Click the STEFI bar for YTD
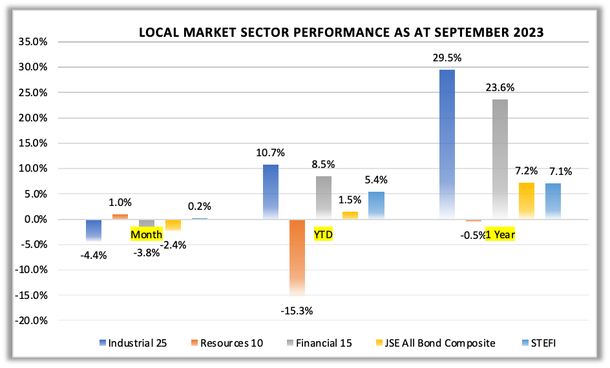pyautogui.click(x=376, y=205)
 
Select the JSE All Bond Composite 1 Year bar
pyautogui.click(x=527, y=201)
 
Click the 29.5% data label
pyautogui.click(x=447, y=58)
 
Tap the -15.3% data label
pyautogui.click(x=297, y=311)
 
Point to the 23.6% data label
pyautogui.click(x=500, y=88)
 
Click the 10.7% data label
pyautogui.click(x=271, y=153)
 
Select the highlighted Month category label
pyautogui.click(x=147, y=234)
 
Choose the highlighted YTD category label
pyautogui.click(x=323, y=234)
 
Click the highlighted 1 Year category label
pyautogui.click(x=500, y=234)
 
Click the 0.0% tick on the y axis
pyautogui.click(x=36, y=220)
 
